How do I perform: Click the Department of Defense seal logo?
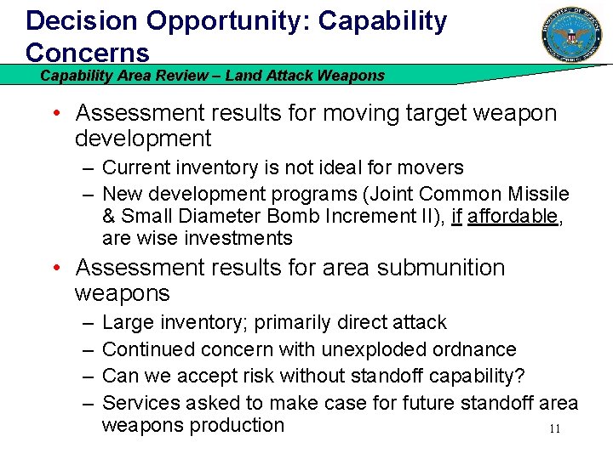tap(571, 35)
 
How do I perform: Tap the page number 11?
tap(554, 429)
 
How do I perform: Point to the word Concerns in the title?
tap(88, 52)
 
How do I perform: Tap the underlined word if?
tap(455, 217)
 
